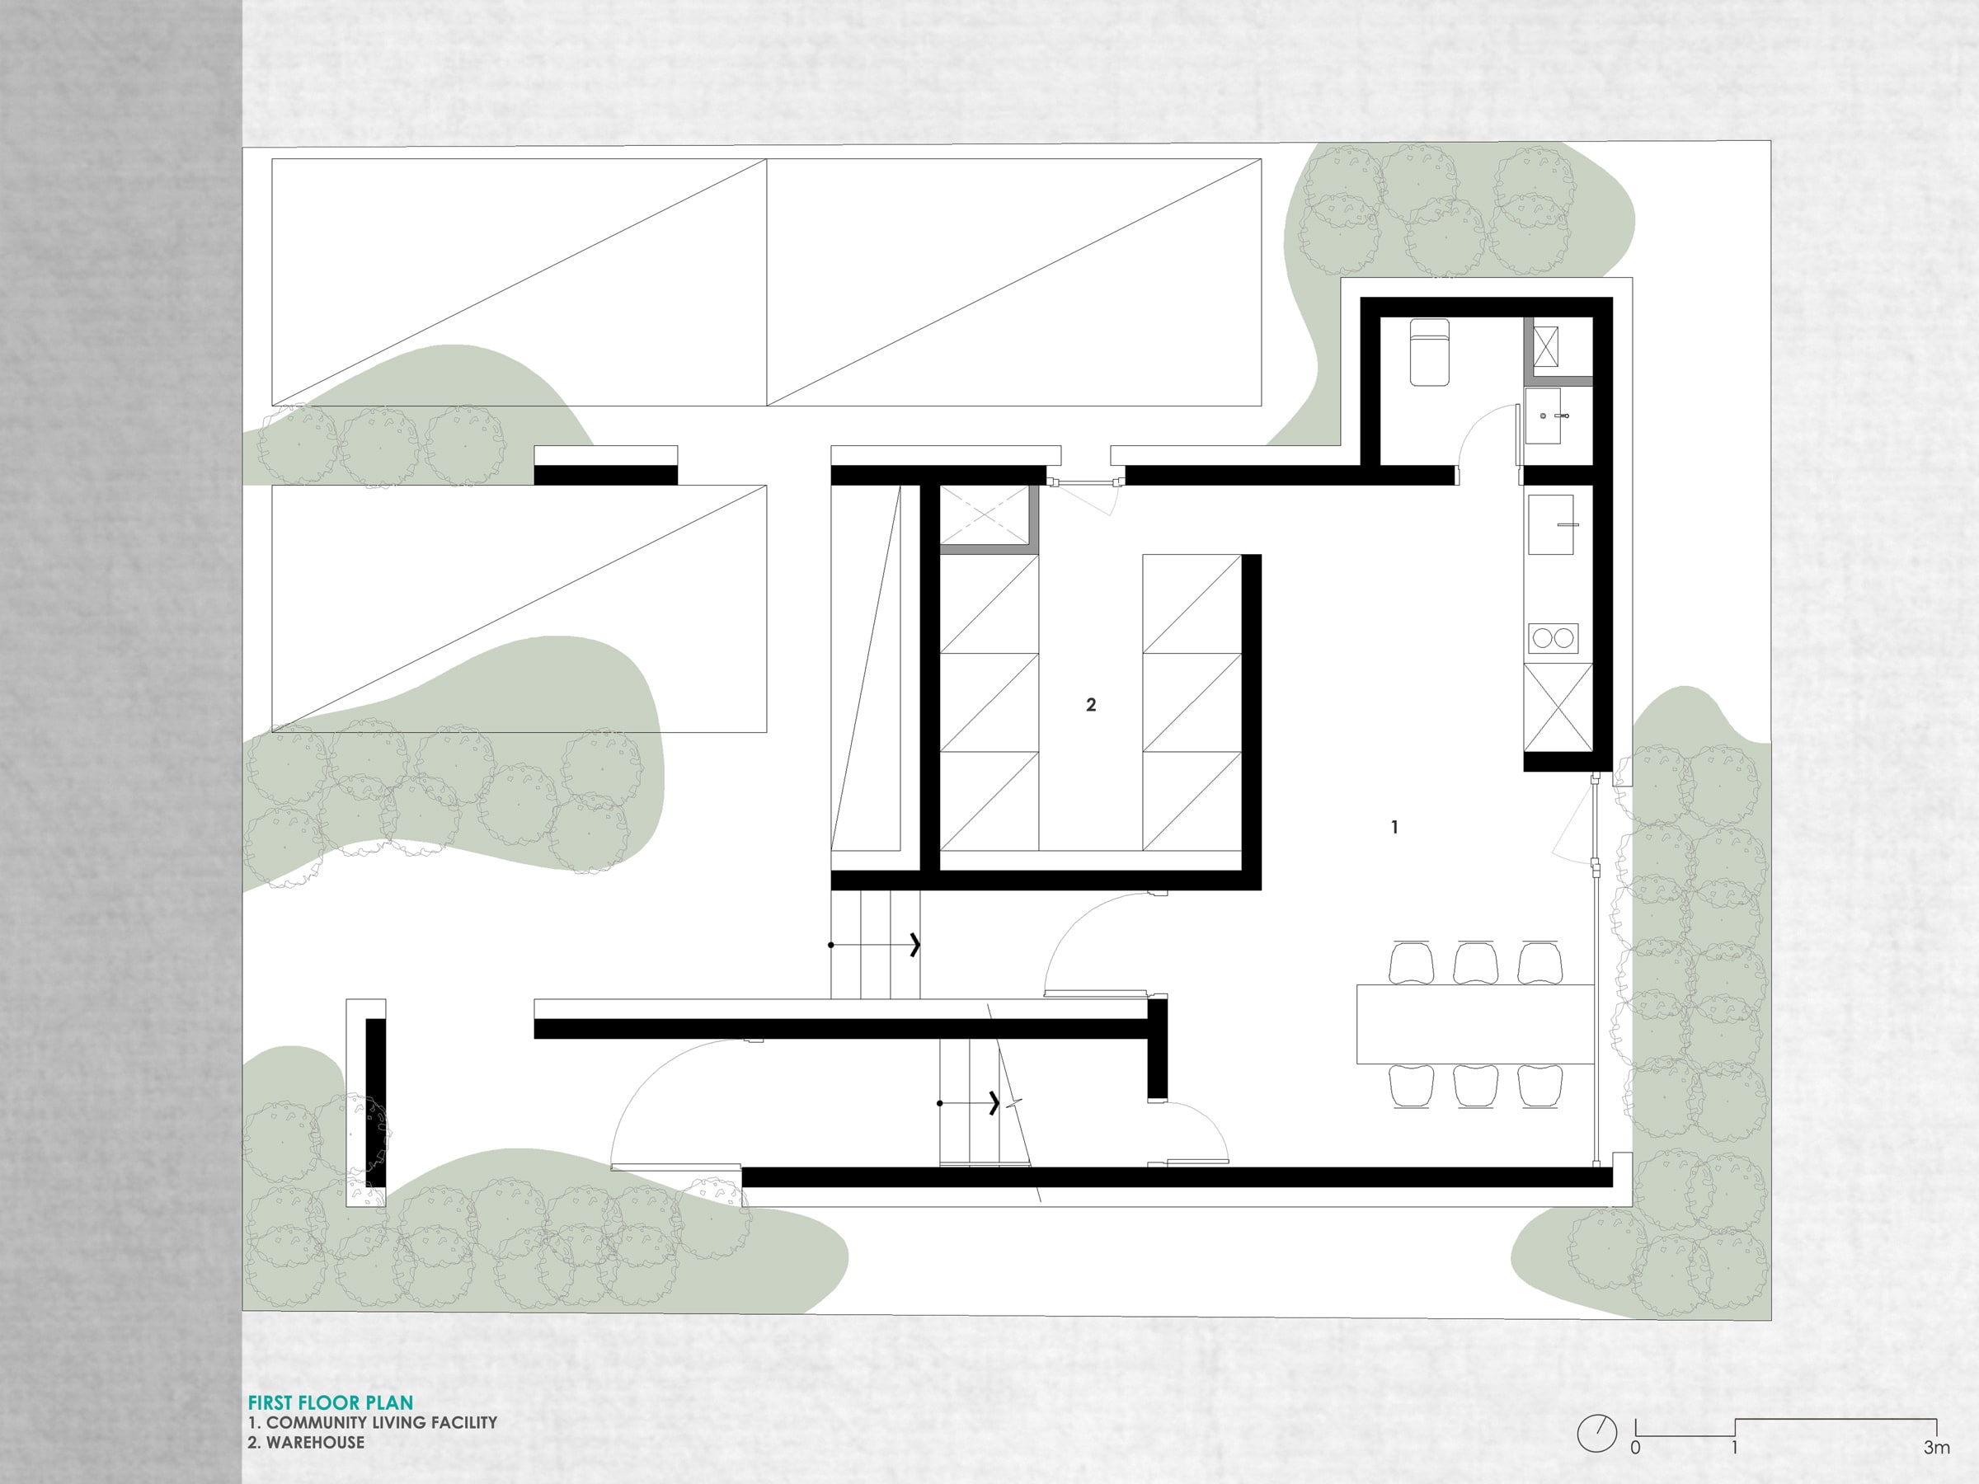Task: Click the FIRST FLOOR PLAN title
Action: tap(330, 1402)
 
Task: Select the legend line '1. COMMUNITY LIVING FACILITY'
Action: tap(372, 1422)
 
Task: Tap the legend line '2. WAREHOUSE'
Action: tap(306, 1442)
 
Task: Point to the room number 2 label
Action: tap(1091, 705)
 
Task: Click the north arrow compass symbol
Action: tap(1597, 1434)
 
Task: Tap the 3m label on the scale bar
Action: tap(1936, 1448)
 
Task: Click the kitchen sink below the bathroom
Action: tap(1551, 524)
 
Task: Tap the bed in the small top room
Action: tap(1429, 351)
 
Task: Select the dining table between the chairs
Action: tap(1475, 1023)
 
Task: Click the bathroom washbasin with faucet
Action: tap(1544, 416)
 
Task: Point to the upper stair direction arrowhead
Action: tap(915, 945)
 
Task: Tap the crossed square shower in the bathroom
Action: tap(1545, 350)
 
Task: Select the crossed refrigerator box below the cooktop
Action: tap(1558, 707)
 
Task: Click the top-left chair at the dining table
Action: tap(1412, 961)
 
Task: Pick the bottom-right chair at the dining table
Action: tap(1540, 1086)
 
